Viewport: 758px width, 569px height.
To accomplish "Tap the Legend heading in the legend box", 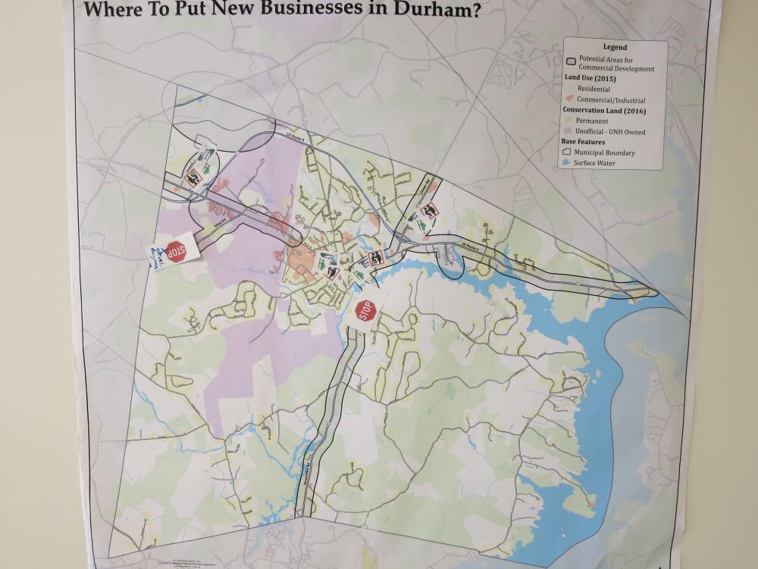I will click(615, 47).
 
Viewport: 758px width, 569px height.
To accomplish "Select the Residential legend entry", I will click(594, 90).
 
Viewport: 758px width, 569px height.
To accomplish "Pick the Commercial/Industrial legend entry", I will click(610, 99).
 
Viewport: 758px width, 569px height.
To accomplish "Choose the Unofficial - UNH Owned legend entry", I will click(610, 131).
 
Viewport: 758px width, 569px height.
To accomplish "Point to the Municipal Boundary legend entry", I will click(604, 152).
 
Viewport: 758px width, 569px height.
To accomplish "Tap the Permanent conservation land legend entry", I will click(592, 121).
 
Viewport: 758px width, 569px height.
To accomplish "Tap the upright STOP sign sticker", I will click(365, 310).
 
